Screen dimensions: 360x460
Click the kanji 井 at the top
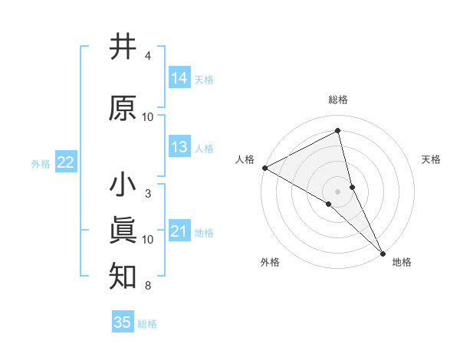click(123, 47)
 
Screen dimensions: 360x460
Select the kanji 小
click(123, 185)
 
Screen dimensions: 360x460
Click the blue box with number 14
click(179, 78)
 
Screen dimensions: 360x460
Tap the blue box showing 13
click(179, 148)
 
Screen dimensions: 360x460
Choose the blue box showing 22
click(65, 162)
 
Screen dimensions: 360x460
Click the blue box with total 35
click(123, 322)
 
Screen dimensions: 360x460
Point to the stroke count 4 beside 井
click(147, 56)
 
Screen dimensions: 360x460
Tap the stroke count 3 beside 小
click(147, 194)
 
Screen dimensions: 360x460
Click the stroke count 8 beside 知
click(147, 286)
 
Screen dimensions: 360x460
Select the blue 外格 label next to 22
click(41, 163)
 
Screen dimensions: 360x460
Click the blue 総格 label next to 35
click(147, 323)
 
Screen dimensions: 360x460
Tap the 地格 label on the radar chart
click(402, 262)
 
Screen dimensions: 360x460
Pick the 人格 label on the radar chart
click(245, 159)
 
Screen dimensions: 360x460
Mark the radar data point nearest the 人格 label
click(264, 168)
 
